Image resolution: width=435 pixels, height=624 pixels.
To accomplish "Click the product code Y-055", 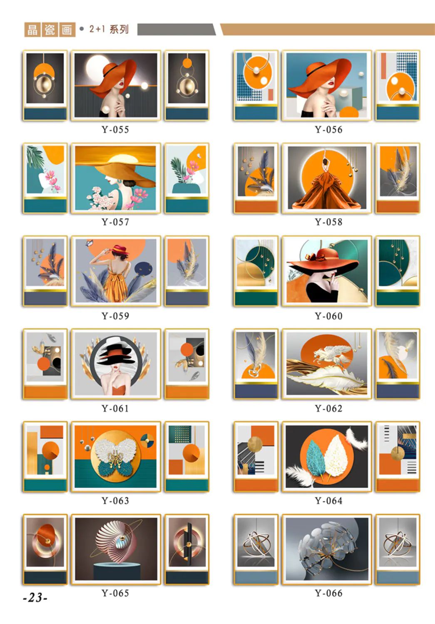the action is click(x=115, y=130).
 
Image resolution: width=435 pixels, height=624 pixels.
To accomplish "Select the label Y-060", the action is click(x=328, y=316).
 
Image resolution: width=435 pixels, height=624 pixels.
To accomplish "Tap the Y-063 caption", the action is click(x=115, y=501).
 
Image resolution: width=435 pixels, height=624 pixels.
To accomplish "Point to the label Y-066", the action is click(x=328, y=593).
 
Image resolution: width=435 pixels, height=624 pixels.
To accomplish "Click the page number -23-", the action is click(x=35, y=597).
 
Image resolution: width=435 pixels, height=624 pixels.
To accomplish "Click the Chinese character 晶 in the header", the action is click(x=32, y=30).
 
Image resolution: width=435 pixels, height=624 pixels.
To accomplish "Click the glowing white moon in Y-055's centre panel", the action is click(x=97, y=67).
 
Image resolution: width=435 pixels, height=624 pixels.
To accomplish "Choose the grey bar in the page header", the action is click(x=176, y=29).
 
